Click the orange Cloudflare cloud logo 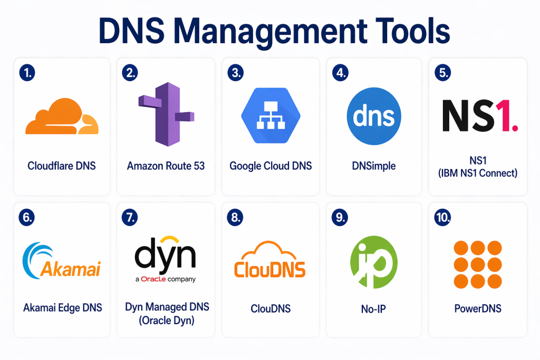[x=62, y=118]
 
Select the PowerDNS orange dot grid [x=478, y=265]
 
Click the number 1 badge [x=26, y=73]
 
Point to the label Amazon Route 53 [x=166, y=166]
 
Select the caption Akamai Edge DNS [x=62, y=308]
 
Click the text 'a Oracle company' [x=165, y=279]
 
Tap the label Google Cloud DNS [x=271, y=166]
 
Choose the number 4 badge [x=339, y=73]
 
